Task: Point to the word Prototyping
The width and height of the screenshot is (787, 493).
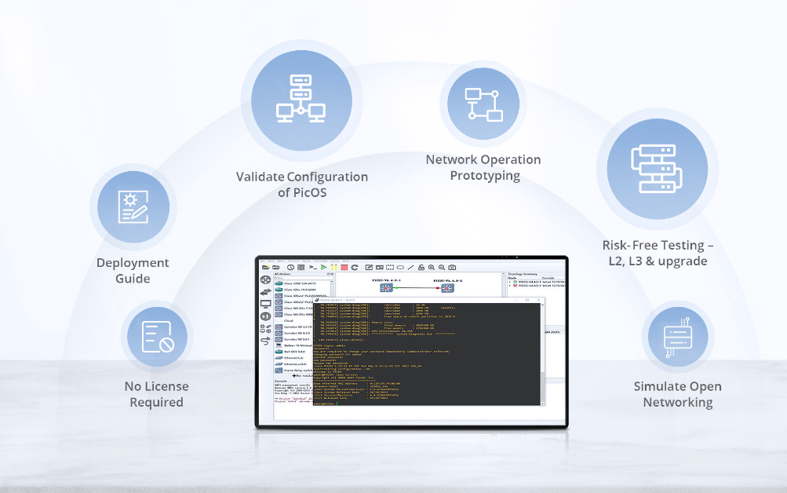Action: pyautogui.click(x=484, y=176)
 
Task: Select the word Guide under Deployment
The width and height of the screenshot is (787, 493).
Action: pyautogui.click(x=133, y=279)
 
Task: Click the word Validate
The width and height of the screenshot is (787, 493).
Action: pyautogui.click(x=260, y=177)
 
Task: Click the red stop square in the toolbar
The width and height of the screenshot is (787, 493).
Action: pyautogui.click(x=344, y=268)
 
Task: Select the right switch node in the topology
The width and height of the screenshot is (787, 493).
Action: pyautogui.click(x=448, y=287)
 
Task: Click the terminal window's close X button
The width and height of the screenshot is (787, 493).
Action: pyautogui.click(x=539, y=300)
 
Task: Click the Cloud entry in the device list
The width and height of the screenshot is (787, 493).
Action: pyautogui.click(x=289, y=320)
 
